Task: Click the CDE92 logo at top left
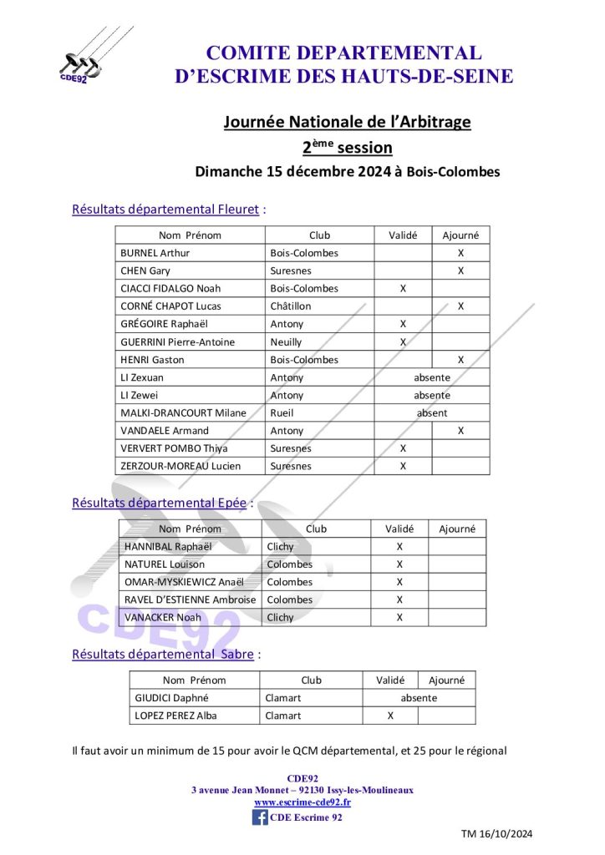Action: pyautogui.click(x=79, y=63)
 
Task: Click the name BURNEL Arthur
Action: pyautogui.click(x=155, y=253)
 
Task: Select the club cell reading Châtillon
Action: pyautogui.click(x=287, y=306)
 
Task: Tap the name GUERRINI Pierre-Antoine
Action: pyautogui.click(x=178, y=341)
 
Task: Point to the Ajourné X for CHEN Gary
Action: pyautogui.click(x=460, y=271)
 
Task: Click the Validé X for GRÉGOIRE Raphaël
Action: pyautogui.click(x=403, y=324)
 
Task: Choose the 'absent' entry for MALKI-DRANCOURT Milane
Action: pyautogui.click(x=432, y=412)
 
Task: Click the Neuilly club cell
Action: pyautogui.click(x=286, y=341)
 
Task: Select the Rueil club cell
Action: pyautogui.click(x=282, y=412)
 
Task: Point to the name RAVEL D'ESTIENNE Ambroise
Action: pyautogui.click(x=191, y=600)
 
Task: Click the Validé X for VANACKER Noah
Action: pyautogui.click(x=399, y=617)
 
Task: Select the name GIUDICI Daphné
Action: pyautogui.click(x=172, y=698)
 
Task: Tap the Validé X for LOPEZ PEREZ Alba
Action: pyautogui.click(x=390, y=716)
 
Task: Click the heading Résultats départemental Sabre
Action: pyautogui.click(x=163, y=655)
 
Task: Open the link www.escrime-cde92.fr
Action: pyautogui.click(x=302, y=802)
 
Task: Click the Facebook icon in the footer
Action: pyautogui.click(x=260, y=817)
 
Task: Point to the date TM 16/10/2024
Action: pyautogui.click(x=496, y=833)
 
